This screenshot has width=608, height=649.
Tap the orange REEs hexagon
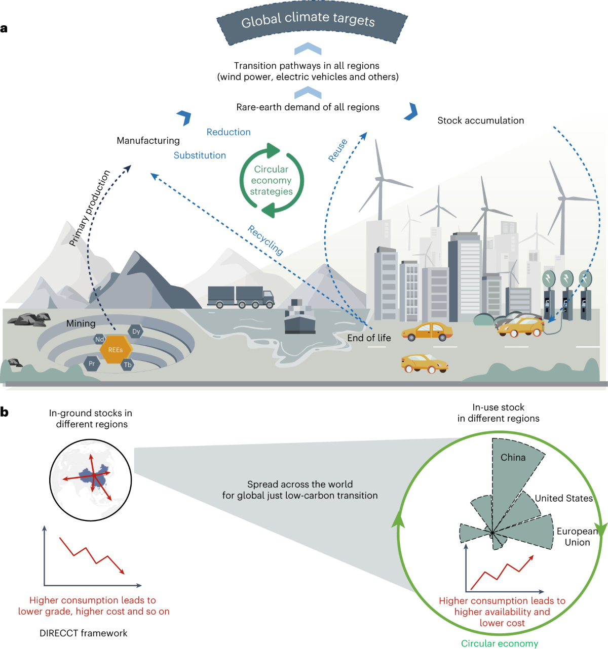(x=116, y=350)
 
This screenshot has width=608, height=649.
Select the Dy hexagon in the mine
(x=136, y=332)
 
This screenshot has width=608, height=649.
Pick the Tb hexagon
(x=128, y=364)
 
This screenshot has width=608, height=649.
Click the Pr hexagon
(x=92, y=363)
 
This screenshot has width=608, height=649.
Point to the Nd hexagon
(x=99, y=339)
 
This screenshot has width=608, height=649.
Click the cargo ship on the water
(x=300, y=319)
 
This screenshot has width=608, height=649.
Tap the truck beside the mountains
(x=241, y=297)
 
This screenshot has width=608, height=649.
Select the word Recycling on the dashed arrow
(x=265, y=240)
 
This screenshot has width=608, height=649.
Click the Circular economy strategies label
(x=271, y=180)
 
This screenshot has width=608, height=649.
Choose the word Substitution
(x=200, y=155)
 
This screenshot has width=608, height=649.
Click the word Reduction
(x=229, y=132)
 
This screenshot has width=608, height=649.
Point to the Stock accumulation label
(x=480, y=120)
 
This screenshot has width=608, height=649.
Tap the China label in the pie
(x=513, y=458)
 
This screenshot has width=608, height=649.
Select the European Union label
(x=577, y=537)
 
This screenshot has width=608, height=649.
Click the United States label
(x=563, y=498)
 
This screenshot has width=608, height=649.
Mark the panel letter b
(x=5, y=412)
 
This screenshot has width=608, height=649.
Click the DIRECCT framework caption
(x=84, y=633)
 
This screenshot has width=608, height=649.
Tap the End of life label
(x=369, y=338)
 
